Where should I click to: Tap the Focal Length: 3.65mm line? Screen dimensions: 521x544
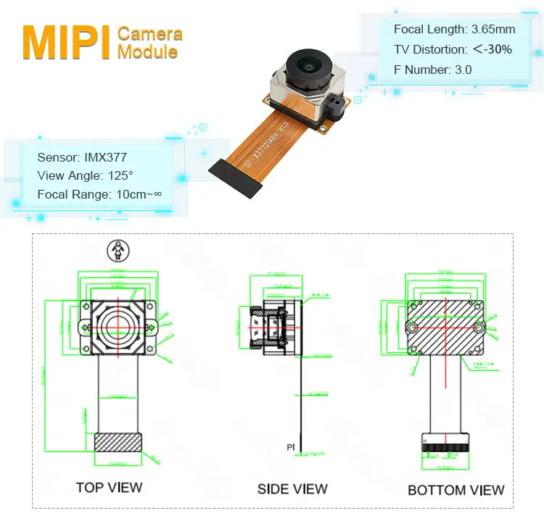454,30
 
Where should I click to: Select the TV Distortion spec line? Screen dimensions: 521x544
453,50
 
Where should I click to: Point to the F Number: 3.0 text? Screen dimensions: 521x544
432,70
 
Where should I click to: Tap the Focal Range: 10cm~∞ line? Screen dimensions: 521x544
99,194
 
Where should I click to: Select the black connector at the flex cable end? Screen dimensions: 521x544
236,177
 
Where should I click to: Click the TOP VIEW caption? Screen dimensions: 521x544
109,487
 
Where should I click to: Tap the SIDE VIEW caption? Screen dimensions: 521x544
292,489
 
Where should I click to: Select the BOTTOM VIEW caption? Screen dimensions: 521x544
456,491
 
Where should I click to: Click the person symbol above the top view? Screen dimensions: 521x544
116,251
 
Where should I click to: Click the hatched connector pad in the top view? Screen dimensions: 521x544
118,443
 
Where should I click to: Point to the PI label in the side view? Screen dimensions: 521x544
290,448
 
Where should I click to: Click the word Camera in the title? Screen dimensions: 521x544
149,33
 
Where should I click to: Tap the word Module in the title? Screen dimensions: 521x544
147,52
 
